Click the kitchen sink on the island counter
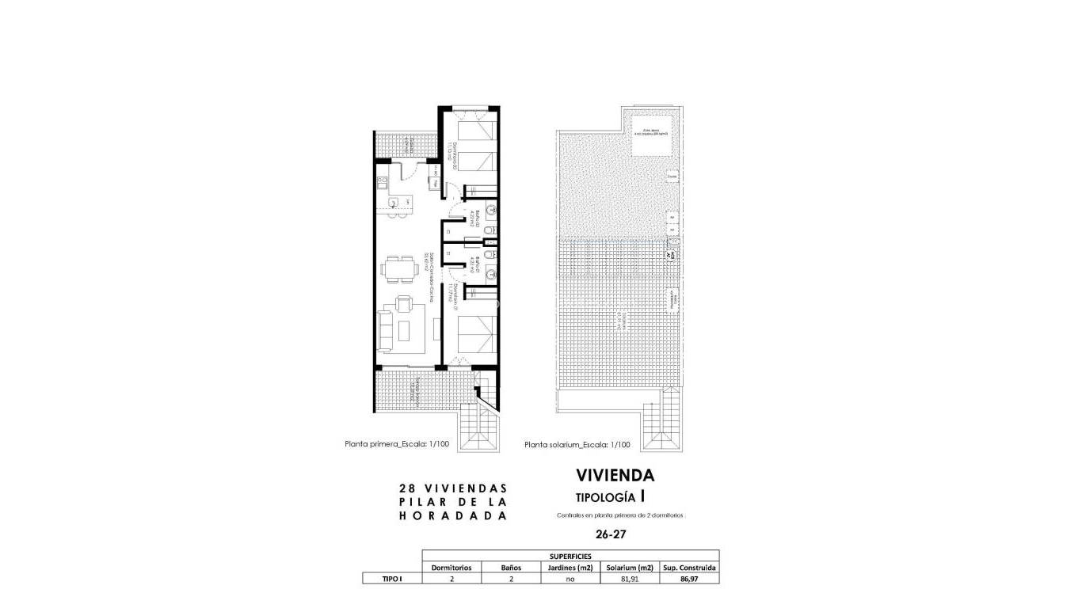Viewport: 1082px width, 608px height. click(394, 203)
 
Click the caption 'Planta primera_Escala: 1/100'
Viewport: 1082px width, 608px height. click(397, 444)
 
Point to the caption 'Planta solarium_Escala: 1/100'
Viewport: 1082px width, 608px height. click(577, 445)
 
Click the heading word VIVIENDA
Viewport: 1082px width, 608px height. click(615, 476)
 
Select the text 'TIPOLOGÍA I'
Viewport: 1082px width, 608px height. click(610, 497)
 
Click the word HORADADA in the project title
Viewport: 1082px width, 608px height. click(453, 515)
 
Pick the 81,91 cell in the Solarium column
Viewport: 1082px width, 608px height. click(630, 579)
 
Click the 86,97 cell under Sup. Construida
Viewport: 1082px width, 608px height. click(689, 579)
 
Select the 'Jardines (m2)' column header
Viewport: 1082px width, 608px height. click(570, 568)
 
